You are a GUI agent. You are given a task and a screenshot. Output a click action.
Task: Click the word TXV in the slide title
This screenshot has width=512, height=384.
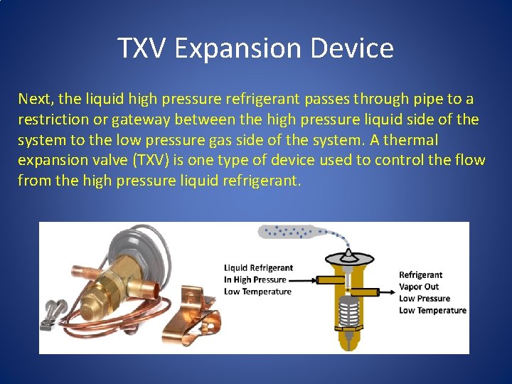pos(142,48)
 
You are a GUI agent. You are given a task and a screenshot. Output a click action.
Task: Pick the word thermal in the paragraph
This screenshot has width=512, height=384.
pos(412,139)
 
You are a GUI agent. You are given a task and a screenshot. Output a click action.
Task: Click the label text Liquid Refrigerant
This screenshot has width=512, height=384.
pos(258,268)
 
